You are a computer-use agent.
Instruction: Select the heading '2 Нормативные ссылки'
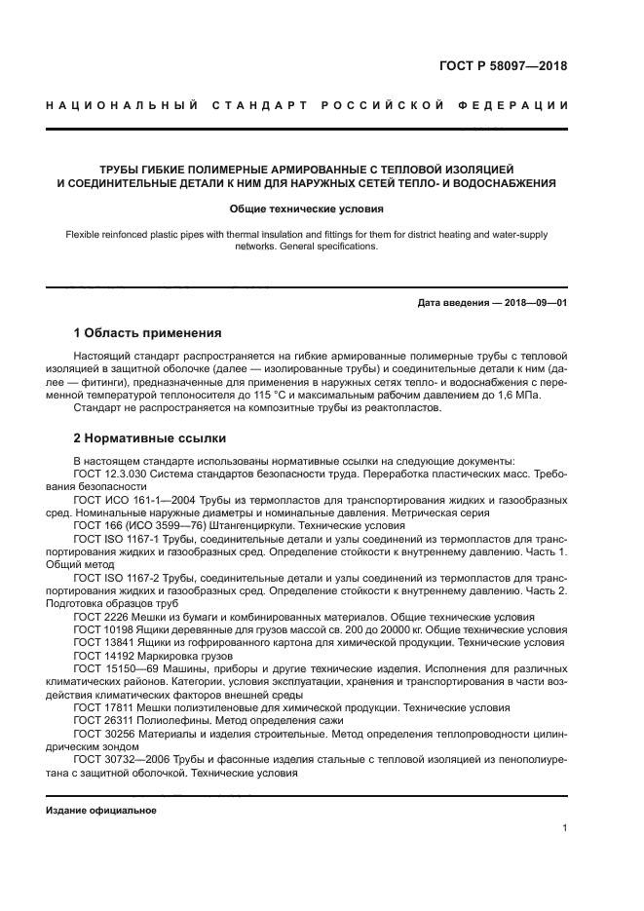pyautogui.click(x=150, y=437)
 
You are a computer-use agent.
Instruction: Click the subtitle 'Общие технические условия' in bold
pyautogui.click(x=306, y=209)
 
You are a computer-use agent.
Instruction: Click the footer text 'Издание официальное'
pyautogui.click(x=101, y=811)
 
